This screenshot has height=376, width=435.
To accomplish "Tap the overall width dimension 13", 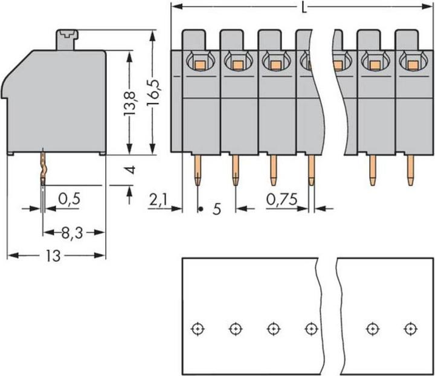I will click(53, 256).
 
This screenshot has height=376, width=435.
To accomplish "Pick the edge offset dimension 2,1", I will click(158, 199).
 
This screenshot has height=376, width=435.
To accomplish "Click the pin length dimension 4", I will click(129, 170).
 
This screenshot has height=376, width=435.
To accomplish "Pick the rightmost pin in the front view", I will click(411, 170).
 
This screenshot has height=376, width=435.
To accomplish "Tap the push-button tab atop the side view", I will click(68, 40).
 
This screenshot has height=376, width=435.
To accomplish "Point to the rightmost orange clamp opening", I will click(413, 63).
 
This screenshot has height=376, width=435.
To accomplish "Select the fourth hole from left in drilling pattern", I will click(311, 329).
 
